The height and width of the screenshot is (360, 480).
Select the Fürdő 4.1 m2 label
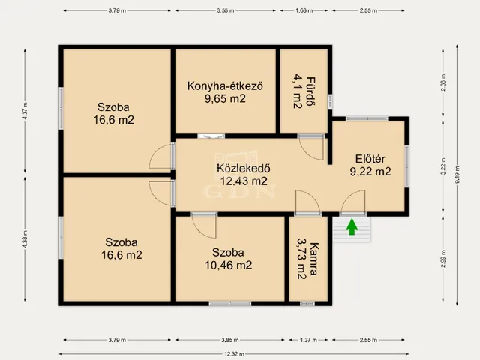[303, 91]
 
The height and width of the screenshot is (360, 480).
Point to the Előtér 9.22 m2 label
[370, 165]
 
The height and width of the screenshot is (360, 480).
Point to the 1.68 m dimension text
[304, 11]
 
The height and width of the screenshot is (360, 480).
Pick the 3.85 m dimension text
[229, 340]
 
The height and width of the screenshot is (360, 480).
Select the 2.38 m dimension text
[443, 85]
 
